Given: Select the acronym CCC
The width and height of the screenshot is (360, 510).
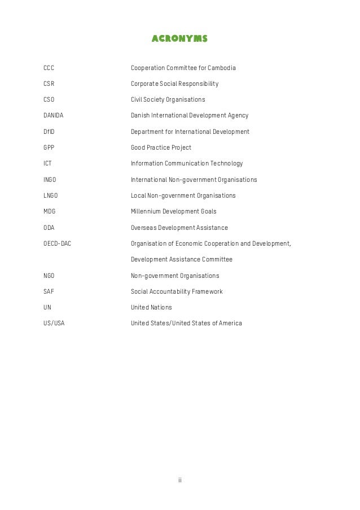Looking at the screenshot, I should [x=49, y=68].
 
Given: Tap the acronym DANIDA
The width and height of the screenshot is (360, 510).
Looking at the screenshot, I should [x=54, y=116].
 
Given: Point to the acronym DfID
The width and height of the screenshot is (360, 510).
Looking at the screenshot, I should [x=50, y=132].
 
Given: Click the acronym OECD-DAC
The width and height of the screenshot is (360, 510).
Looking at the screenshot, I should [x=57, y=243].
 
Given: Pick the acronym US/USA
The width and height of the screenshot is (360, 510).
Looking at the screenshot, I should [x=54, y=323].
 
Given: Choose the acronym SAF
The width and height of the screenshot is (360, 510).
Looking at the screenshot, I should [x=49, y=291].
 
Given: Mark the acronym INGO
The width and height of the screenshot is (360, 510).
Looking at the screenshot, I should [x=50, y=180].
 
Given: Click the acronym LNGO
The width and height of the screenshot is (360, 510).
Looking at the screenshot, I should [x=51, y=195].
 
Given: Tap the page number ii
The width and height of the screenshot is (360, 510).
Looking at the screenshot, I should [x=180, y=480].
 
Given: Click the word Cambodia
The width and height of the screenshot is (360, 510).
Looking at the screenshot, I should [x=222, y=68].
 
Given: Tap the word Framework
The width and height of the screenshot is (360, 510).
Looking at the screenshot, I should [x=206, y=291].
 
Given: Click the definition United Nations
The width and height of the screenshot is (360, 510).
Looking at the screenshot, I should [x=151, y=307].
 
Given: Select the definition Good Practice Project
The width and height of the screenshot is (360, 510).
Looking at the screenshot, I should [x=161, y=147].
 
